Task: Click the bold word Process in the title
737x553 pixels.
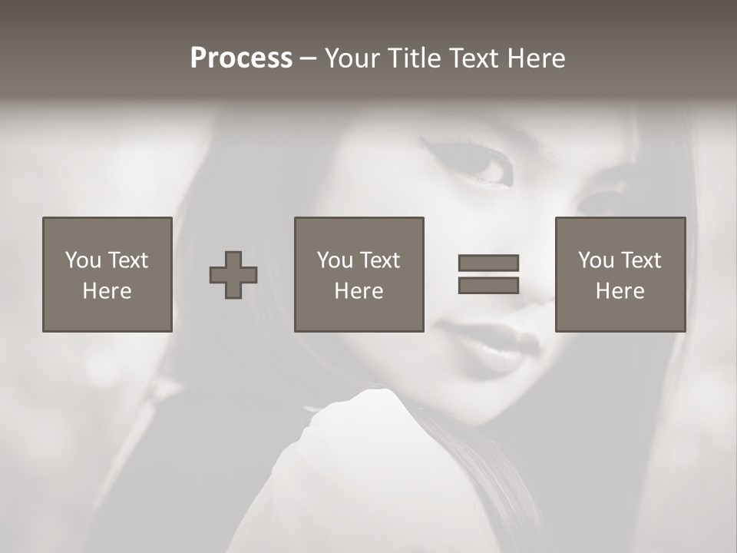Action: pos(241,58)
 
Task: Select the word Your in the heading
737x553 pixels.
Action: pos(352,58)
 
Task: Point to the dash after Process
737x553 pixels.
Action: pos(309,59)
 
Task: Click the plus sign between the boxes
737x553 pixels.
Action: pos(233,275)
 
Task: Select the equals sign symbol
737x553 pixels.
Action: pos(488,274)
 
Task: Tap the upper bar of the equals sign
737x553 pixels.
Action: pos(488,263)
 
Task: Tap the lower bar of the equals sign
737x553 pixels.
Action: pos(488,286)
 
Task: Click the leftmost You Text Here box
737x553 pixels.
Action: pos(107,274)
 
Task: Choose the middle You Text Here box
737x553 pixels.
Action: pos(359,274)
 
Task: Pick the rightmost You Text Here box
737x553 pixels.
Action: pos(620,274)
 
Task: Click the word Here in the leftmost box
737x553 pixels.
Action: pos(107,291)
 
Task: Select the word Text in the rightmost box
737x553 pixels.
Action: pos(642,260)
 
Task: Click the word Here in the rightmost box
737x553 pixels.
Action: pos(620,291)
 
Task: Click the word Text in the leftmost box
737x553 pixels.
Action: pos(127,260)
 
